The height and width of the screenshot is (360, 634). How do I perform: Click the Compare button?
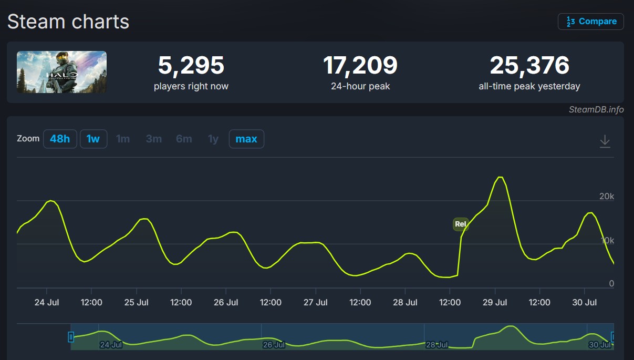point(591,22)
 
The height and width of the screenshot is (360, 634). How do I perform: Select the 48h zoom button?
point(60,139)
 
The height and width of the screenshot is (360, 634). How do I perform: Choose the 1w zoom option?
point(93,139)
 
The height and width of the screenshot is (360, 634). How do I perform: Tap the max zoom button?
point(246,139)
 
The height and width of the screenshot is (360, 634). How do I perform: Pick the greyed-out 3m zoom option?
point(154,139)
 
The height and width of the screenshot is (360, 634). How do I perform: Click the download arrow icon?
point(605,141)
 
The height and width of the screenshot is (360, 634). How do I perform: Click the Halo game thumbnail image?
point(61,72)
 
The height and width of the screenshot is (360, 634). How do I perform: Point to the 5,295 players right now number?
point(191,65)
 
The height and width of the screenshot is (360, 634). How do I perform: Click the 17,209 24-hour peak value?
point(360,65)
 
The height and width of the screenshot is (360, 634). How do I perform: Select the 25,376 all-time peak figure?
point(529,65)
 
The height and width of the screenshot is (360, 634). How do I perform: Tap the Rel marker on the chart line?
point(461,224)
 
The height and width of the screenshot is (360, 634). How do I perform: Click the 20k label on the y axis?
point(607,196)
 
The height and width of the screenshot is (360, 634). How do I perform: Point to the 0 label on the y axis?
point(611,283)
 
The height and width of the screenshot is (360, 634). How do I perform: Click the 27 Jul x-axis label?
point(316,302)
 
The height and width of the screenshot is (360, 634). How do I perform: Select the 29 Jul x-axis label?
point(495,302)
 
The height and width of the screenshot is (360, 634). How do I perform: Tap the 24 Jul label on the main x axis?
point(47,302)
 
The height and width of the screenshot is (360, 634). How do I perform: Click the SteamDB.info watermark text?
point(596,109)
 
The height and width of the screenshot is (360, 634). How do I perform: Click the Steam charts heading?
point(68,22)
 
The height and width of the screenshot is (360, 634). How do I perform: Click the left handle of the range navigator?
point(71,337)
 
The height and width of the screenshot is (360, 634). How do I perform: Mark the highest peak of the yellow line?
point(500,177)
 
